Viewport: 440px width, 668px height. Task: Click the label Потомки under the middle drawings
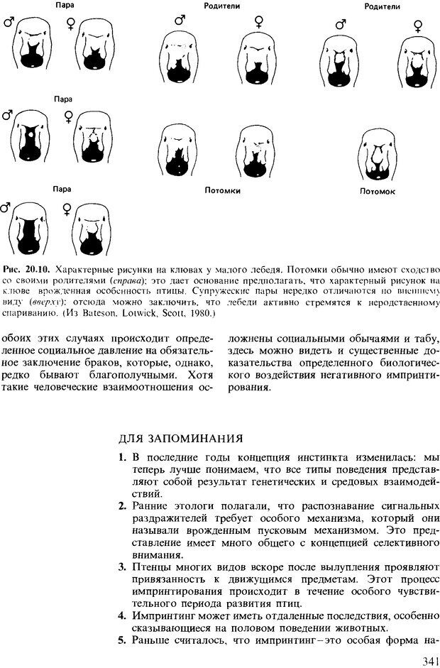222,191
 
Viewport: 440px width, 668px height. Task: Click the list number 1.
122,459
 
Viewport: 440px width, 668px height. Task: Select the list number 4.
122,615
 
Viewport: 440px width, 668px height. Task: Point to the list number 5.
122,641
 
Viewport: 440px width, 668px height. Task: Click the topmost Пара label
64,6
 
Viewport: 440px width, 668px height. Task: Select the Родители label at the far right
382,6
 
